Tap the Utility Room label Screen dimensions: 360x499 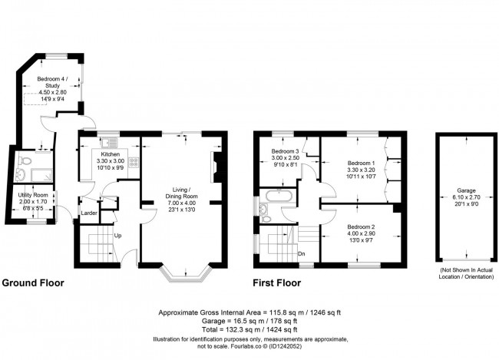[x=33, y=196]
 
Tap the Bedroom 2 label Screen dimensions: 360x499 [x=361, y=227]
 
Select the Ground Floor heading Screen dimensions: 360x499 [x=32, y=282]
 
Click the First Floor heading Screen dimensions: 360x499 [x=277, y=282]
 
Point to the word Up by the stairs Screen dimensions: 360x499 [x=117, y=235]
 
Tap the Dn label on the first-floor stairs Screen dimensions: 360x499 [x=302, y=253]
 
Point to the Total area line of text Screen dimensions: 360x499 [x=249, y=330]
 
